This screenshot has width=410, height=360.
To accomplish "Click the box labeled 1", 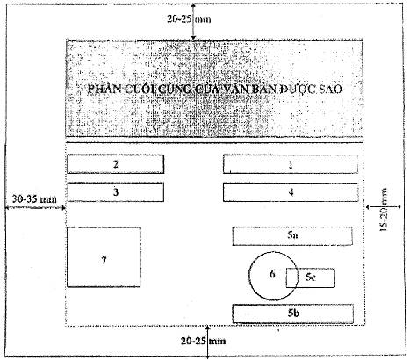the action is tap(291, 164).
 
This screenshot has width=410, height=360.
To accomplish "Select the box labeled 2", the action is tap(116, 164).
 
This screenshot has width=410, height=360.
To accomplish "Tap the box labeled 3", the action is tap(116, 192).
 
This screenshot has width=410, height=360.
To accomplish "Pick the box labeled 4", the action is tap(291, 192).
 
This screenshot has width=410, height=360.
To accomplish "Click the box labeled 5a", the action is tap(292, 236).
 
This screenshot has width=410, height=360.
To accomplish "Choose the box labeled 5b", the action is tap(293, 313).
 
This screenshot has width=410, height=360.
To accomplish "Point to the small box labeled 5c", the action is tap(311, 277).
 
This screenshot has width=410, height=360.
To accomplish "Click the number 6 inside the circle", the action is tap(272, 274).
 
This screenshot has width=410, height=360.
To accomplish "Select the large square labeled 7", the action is tap(104, 257).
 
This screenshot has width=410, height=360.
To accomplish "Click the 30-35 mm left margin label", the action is tap(34, 199).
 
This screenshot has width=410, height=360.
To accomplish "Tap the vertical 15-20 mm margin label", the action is tap(384, 210).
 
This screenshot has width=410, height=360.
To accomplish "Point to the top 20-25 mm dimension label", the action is tap(189, 19).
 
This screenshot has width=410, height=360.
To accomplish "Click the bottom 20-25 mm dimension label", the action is tap(204, 341).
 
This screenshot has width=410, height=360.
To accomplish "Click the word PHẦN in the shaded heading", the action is tap(105, 89).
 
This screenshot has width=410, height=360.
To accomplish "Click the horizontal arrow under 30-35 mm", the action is tap(35, 207).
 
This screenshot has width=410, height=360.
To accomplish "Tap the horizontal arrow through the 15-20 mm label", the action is tap(384, 207).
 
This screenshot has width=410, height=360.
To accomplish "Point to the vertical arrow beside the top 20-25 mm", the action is tap(193, 22).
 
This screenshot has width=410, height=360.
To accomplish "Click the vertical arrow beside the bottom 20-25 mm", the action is tap(207, 342).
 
